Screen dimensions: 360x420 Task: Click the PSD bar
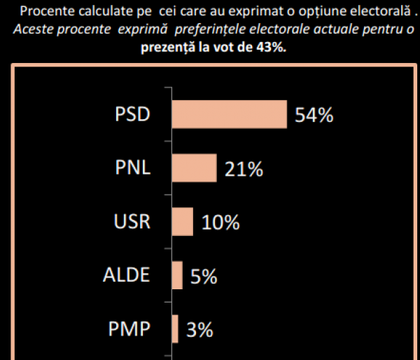[x=229, y=114]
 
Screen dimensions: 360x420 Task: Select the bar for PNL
[x=194, y=168]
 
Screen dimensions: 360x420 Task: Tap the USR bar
[x=182, y=221]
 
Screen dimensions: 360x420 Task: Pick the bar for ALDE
[x=177, y=275]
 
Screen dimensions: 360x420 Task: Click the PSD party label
[x=132, y=115]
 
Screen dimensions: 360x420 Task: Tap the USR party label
[x=132, y=222]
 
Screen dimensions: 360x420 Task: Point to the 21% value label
[x=244, y=169]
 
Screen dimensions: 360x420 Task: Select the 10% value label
[x=220, y=223]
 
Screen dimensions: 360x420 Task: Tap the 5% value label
[x=204, y=277]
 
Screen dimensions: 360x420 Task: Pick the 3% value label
[x=199, y=330]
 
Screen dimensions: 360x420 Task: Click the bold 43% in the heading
[x=270, y=48]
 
